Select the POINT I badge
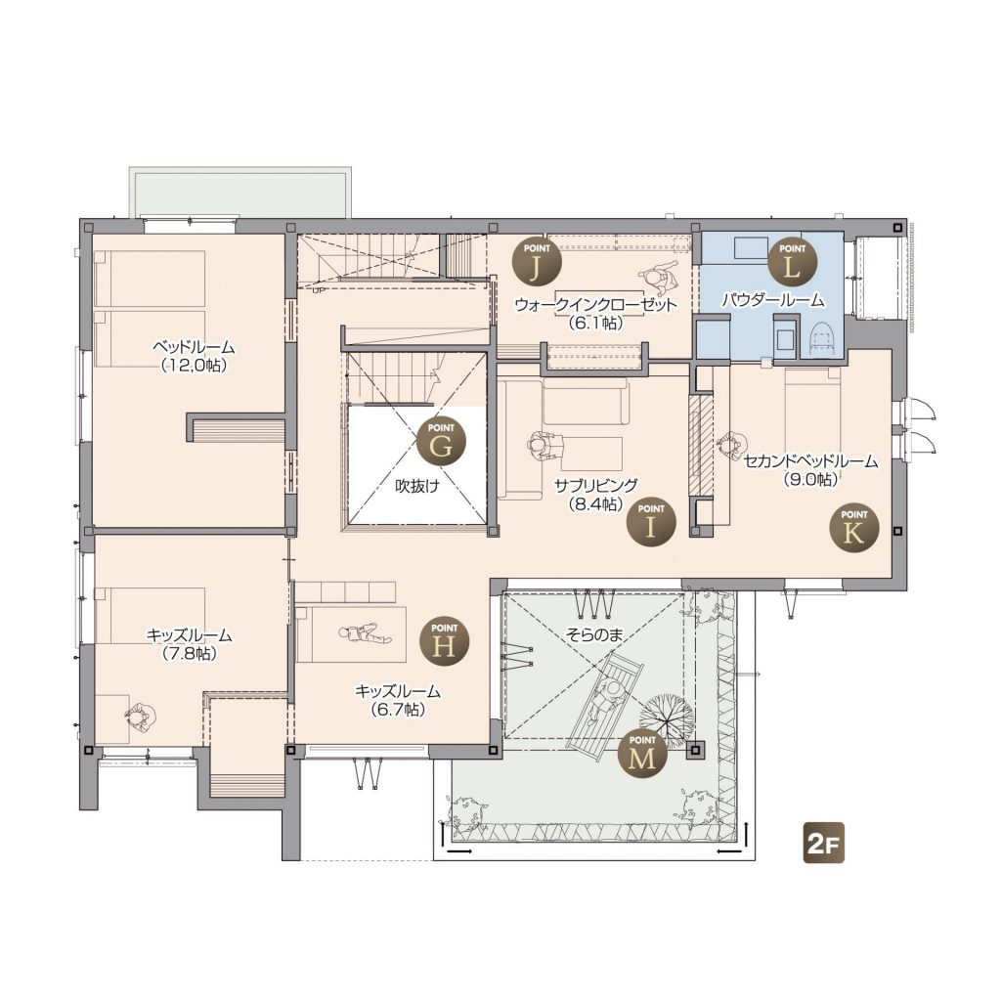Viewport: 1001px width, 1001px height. [x=650, y=520]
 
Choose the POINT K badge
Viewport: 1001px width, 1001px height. [x=853, y=527]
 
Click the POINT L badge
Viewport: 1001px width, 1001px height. [x=792, y=260]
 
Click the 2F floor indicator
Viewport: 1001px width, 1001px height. [x=823, y=846]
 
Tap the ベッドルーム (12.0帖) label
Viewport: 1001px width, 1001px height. [x=194, y=356]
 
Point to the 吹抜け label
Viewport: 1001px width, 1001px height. [x=417, y=486]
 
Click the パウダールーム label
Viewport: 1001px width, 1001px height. [x=773, y=299]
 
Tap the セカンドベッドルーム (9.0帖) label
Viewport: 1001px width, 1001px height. [x=810, y=470]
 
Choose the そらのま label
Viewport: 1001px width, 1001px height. [x=593, y=633]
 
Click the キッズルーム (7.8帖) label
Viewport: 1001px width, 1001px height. [x=189, y=644]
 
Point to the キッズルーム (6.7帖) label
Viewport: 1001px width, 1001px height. [x=398, y=700]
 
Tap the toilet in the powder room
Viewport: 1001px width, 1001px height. [x=822, y=335]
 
